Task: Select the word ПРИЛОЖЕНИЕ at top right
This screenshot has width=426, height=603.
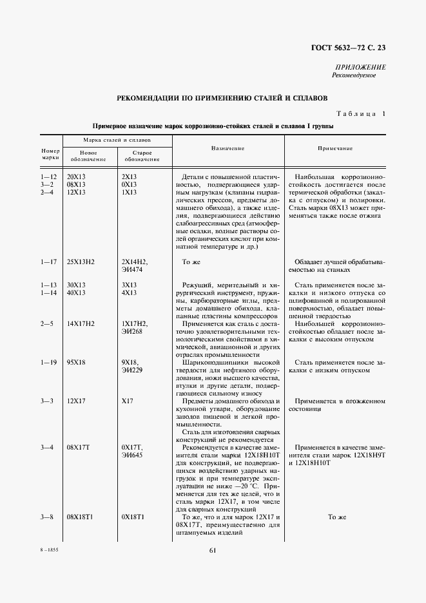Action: pos(361,67)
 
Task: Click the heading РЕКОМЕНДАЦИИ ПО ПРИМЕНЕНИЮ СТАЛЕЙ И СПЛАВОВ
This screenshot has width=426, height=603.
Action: pos(222,99)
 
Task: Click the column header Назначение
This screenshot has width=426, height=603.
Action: pos(228,149)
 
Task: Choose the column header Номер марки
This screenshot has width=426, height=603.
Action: pos(50,153)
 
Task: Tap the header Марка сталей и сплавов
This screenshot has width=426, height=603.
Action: pos(117,139)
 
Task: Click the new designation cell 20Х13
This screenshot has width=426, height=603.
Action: pos(77,177)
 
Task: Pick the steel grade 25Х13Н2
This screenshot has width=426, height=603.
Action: pos(81,262)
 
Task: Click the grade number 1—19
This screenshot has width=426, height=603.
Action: pos(49,362)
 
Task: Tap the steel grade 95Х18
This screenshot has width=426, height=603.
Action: pos(77,362)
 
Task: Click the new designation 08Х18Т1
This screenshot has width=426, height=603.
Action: pos(81,517)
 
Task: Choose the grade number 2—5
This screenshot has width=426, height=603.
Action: pos(47,323)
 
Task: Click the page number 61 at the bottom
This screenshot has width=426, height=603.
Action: pos(213,550)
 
